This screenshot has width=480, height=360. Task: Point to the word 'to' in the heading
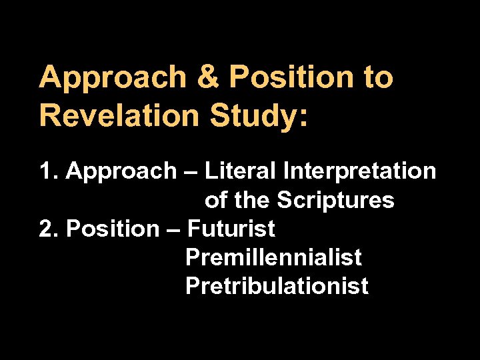pos(376,78)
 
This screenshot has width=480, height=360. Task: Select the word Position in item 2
pos(111,229)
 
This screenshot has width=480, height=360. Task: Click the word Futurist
pos(231,229)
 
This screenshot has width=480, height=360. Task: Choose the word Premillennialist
pos(273,257)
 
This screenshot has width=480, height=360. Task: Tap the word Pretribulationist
pos(277,286)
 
